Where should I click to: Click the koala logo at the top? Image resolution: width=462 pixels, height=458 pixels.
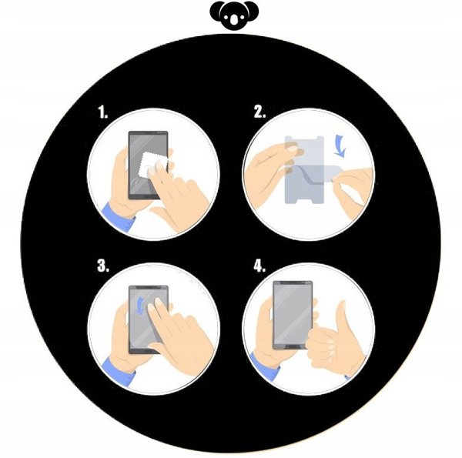[x=234, y=15]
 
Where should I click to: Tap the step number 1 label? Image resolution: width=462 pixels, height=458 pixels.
[x=103, y=112]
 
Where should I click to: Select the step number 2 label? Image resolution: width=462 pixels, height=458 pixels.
[x=259, y=112]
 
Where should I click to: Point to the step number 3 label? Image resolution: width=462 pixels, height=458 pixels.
[x=103, y=266]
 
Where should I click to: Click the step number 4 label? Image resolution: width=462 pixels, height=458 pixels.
[x=259, y=266]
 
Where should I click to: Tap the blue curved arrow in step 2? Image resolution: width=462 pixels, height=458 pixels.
[x=340, y=145]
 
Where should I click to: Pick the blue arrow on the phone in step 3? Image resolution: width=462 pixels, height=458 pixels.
[x=139, y=306]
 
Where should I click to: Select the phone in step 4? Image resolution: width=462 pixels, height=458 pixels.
[x=293, y=315]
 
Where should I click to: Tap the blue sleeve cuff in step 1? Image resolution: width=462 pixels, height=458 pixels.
[x=118, y=217]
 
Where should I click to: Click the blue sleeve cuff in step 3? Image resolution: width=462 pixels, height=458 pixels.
[x=119, y=371]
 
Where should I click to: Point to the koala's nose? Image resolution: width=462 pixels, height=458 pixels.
[x=234, y=19]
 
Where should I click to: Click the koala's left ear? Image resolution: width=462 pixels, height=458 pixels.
[x=216, y=10]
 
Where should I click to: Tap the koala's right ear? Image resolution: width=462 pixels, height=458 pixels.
[x=253, y=10]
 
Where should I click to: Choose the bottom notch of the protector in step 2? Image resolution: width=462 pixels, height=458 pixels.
[x=304, y=201]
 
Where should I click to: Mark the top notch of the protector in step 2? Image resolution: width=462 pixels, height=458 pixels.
[x=304, y=138]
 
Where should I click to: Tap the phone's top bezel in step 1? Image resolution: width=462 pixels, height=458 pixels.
[x=148, y=132]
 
